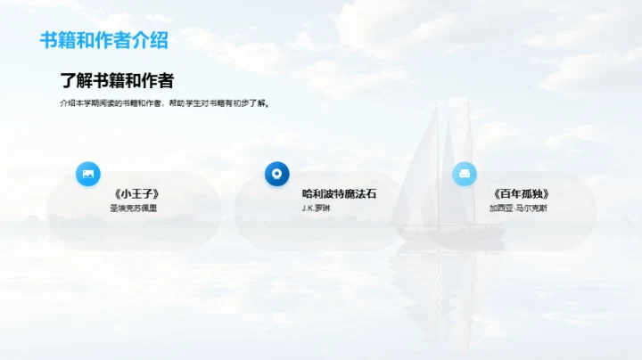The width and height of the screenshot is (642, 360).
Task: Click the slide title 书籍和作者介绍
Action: (x=103, y=40)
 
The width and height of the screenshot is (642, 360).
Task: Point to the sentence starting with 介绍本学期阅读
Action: (x=164, y=103)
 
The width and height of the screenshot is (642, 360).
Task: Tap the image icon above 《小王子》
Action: (x=88, y=174)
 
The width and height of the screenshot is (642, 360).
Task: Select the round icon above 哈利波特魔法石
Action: (x=277, y=174)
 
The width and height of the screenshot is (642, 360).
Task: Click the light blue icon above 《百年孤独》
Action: (x=465, y=174)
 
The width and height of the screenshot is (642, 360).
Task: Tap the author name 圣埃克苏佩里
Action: (x=133, y=209)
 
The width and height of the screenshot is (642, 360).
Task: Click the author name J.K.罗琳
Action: (x=316, y=209)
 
